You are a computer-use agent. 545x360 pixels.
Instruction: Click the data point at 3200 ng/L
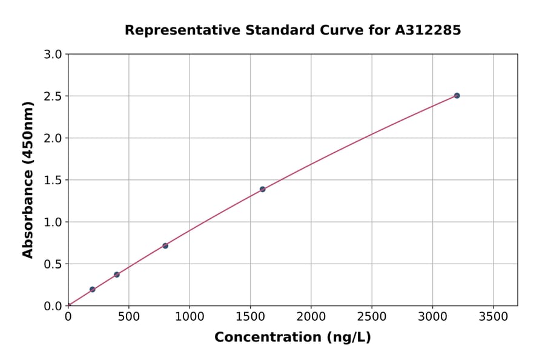click(457, 96)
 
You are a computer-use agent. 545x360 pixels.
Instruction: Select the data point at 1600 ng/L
click(262, 189)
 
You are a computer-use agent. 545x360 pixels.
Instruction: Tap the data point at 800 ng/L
click(165, 245)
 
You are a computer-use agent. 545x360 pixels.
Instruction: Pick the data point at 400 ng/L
click(117, 275)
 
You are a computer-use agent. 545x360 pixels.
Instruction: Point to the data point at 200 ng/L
click(92, 290)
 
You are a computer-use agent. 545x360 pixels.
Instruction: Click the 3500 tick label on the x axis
click(493, 316)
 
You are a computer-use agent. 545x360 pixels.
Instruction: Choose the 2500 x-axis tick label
click(372, 316)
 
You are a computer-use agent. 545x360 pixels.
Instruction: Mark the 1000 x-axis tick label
click(190, 316)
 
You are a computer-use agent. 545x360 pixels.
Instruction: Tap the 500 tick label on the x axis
click(129, 316)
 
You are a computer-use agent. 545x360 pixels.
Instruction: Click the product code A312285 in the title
click(428, 30)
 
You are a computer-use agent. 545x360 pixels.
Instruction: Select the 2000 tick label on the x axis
click(311, 316)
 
